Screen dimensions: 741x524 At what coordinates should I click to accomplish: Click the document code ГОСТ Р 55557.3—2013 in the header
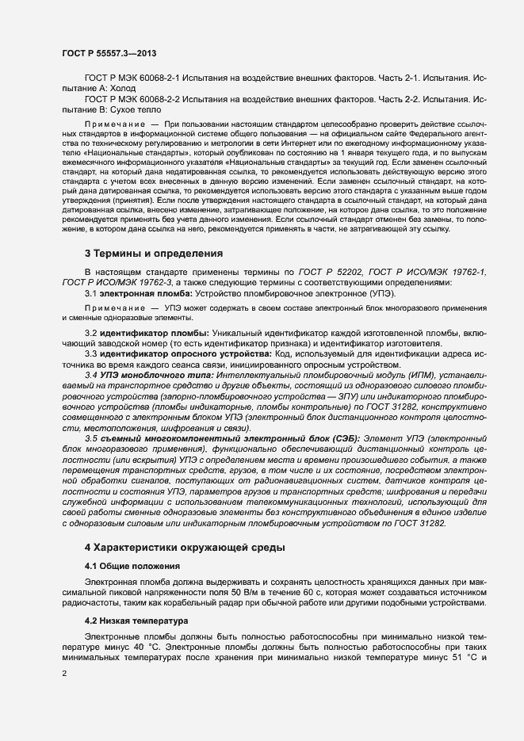click(x=108, y=53)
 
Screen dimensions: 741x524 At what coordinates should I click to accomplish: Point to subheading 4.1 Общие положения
click(x=132, y=566)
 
